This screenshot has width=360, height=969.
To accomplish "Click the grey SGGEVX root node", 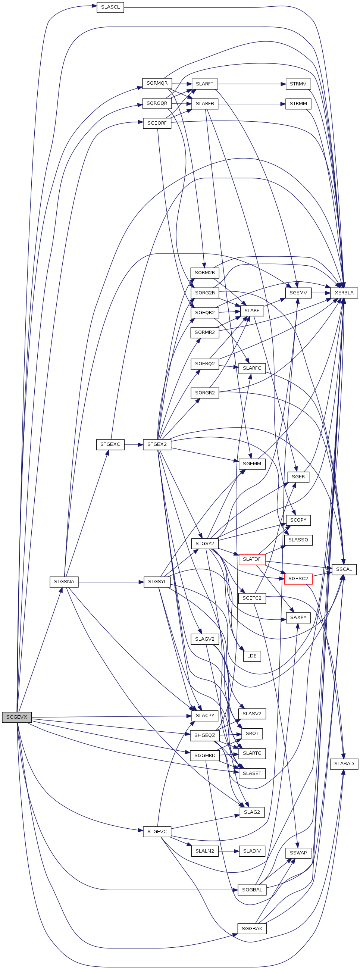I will pyautogui.click(x=16, y=717).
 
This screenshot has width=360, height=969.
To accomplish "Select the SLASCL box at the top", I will pyautogui.click(x=110, y=7).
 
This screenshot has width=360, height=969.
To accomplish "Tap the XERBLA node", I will pyautogui.click(x=344, y=293).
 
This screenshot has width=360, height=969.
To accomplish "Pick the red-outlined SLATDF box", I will pyautogui.click(x=252, y=559).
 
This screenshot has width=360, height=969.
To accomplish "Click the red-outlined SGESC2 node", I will pyautogui.click(x=298, y=579).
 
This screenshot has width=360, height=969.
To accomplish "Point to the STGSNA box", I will pyautogui.click(x=64, y=582).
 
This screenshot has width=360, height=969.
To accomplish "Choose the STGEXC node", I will pyautogui.click(x=110, y=444).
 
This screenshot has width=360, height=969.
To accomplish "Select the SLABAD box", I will pyautogui.click(x=344, y=764).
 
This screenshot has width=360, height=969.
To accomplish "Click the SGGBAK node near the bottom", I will pyautogui.click(x=252, y=928).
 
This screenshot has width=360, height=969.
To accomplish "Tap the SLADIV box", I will pyautogui.click(x=252, y=851).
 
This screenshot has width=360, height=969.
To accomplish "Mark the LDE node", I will pyautogui.click(x=252, y=656).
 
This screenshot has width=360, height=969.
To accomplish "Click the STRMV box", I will pyautogui.click(x=298, y=84).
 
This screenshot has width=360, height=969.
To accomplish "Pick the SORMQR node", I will pyautogui.click(x=157, y=83).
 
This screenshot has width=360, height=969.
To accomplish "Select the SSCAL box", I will pyautogui.click(x=344, y=569).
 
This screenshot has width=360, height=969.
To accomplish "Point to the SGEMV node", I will pyautogui.click(x=298, y=293).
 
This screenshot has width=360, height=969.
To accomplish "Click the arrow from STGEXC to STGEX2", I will pyautogui.click(x=134, y=444).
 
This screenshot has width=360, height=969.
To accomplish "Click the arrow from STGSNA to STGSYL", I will pyautogui.click(x=111, y=582).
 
